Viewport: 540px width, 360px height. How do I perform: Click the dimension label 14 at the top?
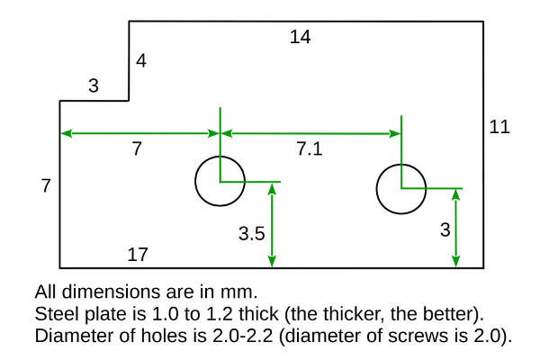(301, 37)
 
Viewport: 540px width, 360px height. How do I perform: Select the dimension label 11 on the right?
(499, 127)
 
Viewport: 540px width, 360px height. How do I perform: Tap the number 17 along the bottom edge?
(137, 255)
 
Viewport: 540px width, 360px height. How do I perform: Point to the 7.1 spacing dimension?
(309, 150)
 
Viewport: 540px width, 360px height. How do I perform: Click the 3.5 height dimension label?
(251, 234)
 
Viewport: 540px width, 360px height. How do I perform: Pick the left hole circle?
(220, 181)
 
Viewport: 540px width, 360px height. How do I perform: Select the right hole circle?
(400, 188)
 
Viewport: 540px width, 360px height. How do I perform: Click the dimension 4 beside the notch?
(140, 62)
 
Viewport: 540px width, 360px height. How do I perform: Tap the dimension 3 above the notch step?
(93, 87)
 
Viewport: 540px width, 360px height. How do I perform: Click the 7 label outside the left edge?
(46, 186)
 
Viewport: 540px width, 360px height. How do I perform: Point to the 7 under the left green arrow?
(137, 150)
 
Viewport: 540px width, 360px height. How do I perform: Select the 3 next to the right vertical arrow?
(444, 230)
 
